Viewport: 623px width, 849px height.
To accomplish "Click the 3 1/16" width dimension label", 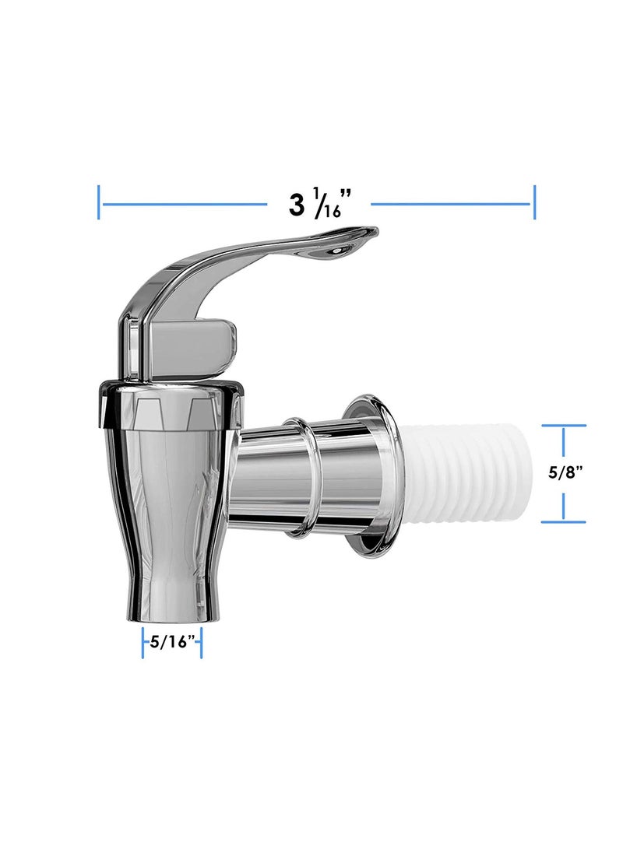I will point(317,205).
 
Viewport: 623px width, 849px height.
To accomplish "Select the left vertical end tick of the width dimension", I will point(99,202).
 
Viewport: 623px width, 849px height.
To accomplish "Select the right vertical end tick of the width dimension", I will point(533,202).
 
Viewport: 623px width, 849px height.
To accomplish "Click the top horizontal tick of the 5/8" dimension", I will point(563,426).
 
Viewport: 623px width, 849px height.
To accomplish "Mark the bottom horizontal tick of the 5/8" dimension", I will point(563,521).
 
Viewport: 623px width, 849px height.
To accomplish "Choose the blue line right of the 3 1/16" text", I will point(452,205).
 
